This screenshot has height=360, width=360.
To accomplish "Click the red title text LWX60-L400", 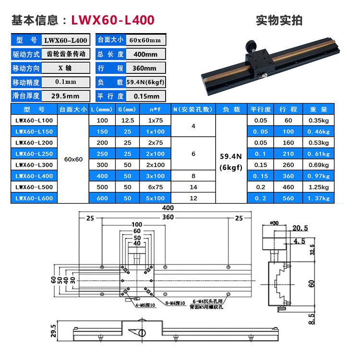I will (113, 20).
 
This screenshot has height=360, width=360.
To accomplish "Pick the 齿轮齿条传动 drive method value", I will (65, 54).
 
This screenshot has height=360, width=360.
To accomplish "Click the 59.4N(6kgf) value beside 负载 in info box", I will (145, 82).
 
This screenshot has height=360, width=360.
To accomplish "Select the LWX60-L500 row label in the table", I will (33, 186).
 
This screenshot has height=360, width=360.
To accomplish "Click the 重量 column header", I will (318, 109).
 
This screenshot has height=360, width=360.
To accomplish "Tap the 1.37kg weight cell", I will (318, 197).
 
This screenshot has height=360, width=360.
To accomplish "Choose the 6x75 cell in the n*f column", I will (156, 186).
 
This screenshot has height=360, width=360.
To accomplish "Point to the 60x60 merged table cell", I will (73, 159).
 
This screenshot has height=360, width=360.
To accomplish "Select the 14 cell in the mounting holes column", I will (194, 186).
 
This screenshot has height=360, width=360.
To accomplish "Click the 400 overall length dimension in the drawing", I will (168, 208).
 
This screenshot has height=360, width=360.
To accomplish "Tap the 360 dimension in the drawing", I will (168, 217).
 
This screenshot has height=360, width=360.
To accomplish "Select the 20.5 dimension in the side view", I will (300, 228).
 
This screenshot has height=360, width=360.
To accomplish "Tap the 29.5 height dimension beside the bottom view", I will (54, 330).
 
